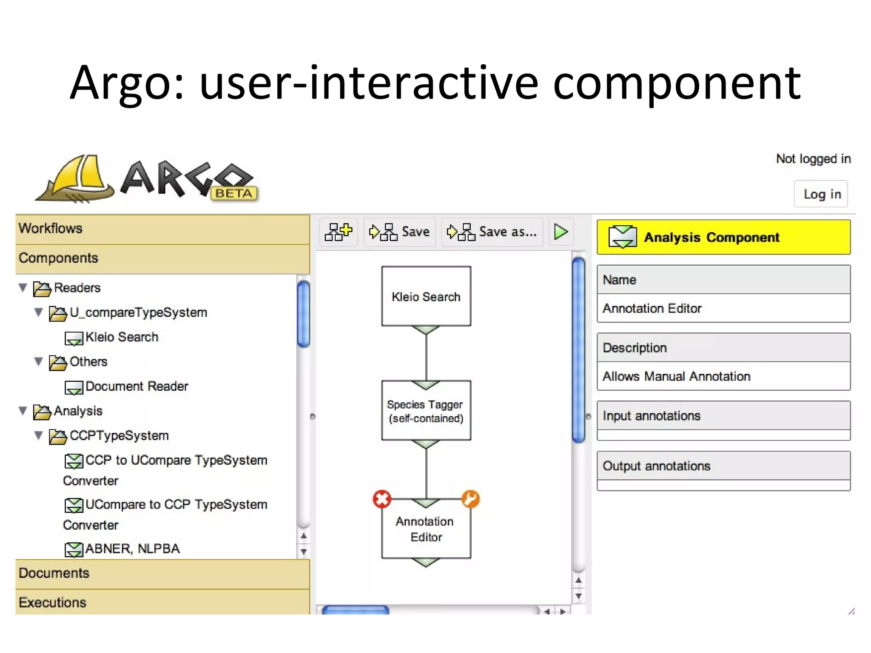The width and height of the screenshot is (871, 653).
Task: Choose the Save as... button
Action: click(492, 232)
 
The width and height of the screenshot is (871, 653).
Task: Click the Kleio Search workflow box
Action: click(426, 296)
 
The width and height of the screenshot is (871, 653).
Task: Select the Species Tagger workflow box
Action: click(426, 411)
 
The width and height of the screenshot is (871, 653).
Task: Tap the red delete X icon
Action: click(382, 499)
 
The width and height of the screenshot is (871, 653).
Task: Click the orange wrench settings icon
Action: click(471, 499)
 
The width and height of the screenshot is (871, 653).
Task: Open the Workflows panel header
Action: click(162, 229)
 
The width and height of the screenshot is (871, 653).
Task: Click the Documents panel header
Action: click(162, 573)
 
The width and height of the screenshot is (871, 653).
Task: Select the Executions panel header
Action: click(162, 602)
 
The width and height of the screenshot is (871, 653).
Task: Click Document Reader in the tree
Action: click(136, 386)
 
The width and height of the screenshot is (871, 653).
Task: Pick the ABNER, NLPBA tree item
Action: click(132, 549)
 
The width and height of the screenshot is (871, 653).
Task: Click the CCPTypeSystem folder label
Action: click(119, 436)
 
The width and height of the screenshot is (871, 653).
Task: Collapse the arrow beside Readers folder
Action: click(23, 288)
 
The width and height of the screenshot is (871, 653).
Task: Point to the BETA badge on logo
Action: click(234, 193)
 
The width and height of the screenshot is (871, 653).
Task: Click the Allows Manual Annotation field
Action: click(723, 376)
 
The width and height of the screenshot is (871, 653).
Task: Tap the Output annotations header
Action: click(723, 466)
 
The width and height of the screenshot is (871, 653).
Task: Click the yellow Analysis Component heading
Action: click(723, 237)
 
